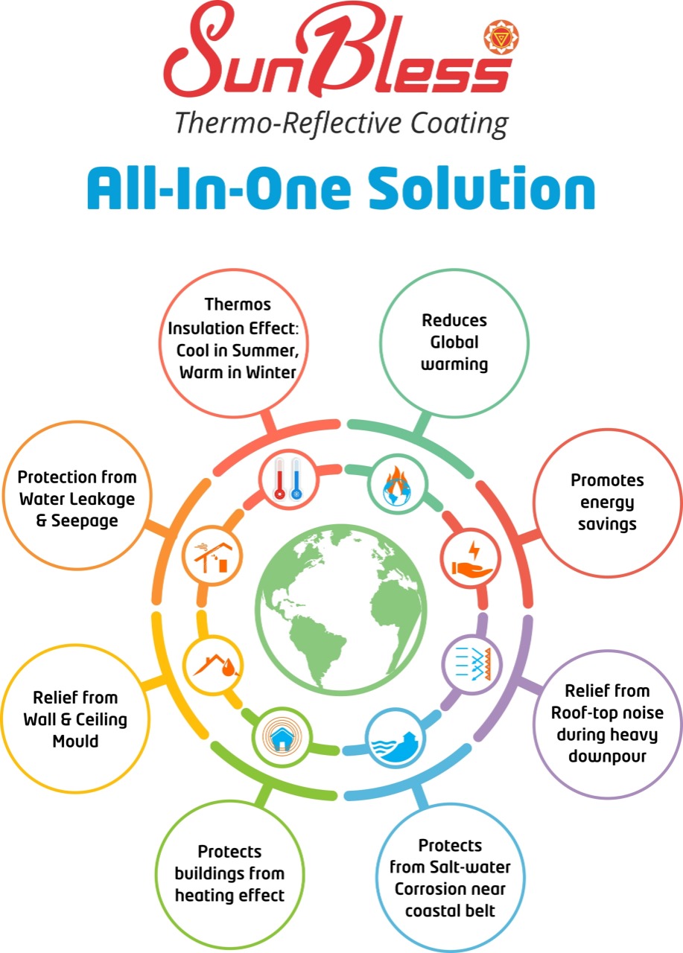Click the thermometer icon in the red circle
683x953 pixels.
[287, 479]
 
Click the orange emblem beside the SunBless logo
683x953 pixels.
[501, 37]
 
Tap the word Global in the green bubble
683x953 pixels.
[454, 343]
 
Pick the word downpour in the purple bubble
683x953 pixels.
[607, 756]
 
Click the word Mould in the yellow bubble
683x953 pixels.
[74, 741]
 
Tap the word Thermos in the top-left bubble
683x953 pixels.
[237, 305]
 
